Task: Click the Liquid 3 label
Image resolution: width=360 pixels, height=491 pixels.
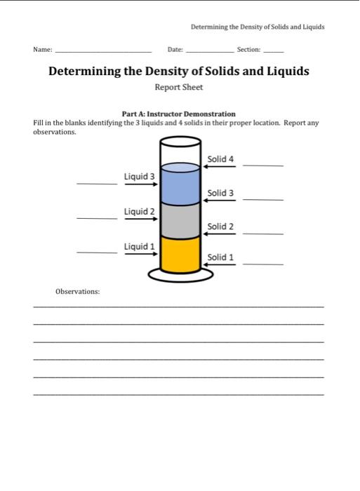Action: click(139, 176)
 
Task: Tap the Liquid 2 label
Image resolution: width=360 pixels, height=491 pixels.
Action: click(139, 211)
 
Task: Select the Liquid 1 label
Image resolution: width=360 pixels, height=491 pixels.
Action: click(139, 246)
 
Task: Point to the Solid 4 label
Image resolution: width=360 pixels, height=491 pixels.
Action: click(220, 159)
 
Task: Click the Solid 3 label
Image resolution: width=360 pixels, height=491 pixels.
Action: click(220, 193)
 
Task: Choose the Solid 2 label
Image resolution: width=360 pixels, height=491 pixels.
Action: click(220, 227)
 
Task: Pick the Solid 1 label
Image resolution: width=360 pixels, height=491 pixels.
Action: click(220, 257)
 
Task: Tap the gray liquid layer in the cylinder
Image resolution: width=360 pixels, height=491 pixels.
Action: click(180, 220)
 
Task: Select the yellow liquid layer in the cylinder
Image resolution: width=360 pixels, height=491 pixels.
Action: click(180, 254)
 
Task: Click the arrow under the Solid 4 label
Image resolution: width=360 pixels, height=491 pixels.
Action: click(220, 168)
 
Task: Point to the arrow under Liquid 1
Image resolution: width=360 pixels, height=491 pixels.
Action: click(140, 254)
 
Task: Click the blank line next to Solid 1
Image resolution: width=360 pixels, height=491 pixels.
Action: click(263, 264)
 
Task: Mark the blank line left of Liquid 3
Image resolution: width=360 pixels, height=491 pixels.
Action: click(97, 184)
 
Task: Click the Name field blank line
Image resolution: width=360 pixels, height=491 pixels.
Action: click(103, 53)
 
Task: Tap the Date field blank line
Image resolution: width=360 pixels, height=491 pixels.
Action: click(209, 53)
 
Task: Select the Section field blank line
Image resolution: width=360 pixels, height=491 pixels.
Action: click(274, 53)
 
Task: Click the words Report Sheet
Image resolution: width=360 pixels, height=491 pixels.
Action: click(179, 88)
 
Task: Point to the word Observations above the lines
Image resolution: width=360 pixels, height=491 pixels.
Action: click(77, 291)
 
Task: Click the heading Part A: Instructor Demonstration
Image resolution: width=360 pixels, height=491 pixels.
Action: click(179, 114)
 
